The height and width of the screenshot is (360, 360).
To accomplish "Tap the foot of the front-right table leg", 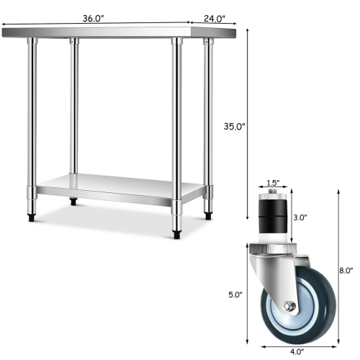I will point(176,233).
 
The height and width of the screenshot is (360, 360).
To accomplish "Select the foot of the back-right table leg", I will point(209,213).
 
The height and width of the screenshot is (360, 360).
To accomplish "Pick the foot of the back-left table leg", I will point(73,201).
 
